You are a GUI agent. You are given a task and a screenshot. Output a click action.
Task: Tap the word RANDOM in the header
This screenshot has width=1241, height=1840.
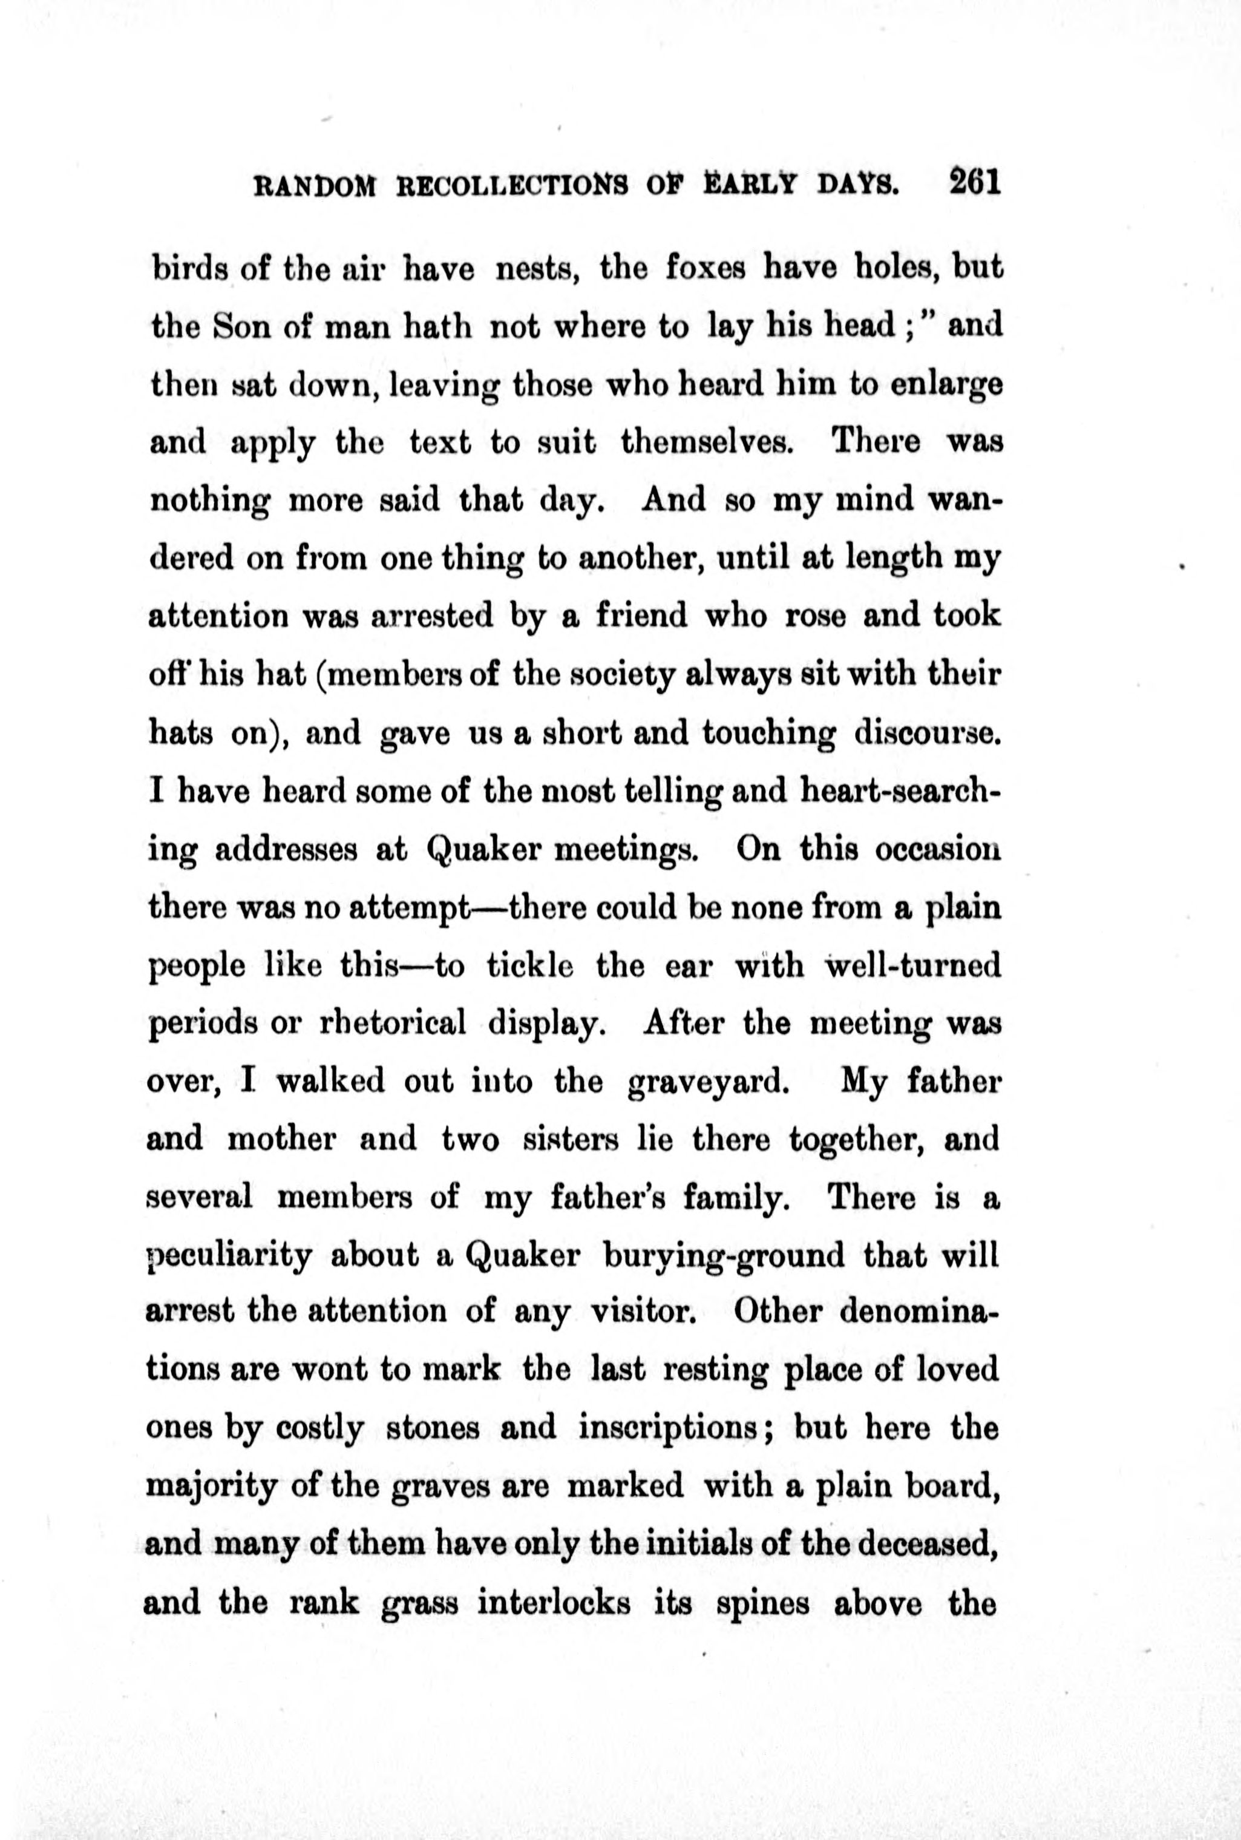313,187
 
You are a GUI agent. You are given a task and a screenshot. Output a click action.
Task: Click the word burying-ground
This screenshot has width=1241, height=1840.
724,1257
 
